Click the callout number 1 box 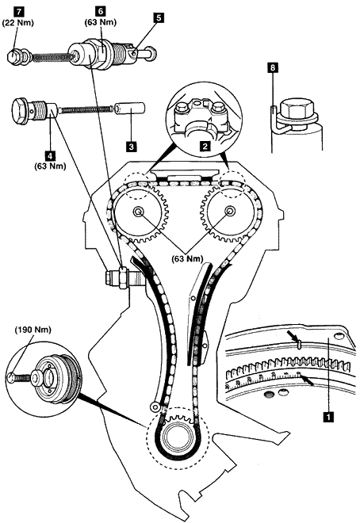[329, 417]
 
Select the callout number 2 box [205, 146]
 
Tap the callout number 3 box [132, 147]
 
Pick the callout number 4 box [50, 155]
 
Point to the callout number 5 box [159, 17]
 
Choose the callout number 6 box [101, 11]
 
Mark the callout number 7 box [18, 12]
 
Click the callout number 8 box [273, 68]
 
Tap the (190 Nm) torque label [33, 330]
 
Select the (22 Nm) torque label [18, 23]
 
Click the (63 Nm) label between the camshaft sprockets [187, 258]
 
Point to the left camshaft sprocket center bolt [138, 211]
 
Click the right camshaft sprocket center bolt [230, 211]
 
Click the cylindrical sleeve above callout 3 [129, 108]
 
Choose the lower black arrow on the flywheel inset [308, 380]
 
